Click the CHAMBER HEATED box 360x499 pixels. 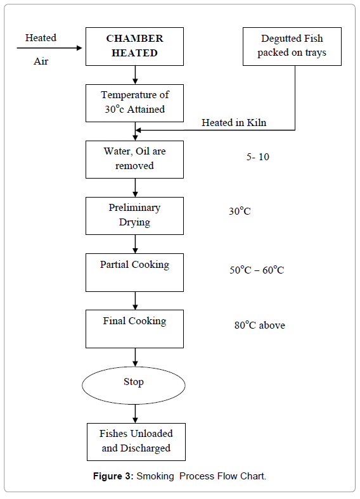tap(134, 46)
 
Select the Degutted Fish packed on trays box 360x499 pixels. tap(292, 46)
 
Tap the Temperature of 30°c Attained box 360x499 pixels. tap(134, 103)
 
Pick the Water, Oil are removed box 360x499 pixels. tap(134, 159)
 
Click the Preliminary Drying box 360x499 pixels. tap(134, 215)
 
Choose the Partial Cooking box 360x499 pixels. tap(134, 272)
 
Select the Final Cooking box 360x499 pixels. tap(134, 328)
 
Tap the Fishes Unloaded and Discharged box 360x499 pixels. tap(136, 441)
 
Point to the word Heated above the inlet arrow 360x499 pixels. tap(41, 38)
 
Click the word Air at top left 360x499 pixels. tap(41, 62)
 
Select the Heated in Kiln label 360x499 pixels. tap(234, 123)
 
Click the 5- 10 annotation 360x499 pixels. tap(257, 156)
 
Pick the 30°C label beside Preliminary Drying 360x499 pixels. tap(240, 212)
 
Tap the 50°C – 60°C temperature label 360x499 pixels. tap(257, 270)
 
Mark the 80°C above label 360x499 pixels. tap(259, 325)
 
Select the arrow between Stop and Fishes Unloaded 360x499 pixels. tap(135, 414)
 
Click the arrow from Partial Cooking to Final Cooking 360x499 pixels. tap(135, 300)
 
